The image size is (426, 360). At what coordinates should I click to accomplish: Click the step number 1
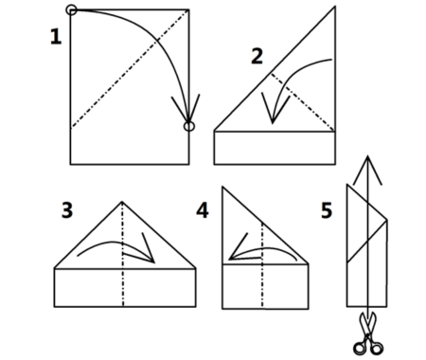click(56, 36)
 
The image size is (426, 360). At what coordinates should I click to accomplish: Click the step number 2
click(257, 56)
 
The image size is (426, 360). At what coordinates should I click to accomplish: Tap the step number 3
click(67, 210)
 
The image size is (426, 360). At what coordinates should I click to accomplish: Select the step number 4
click(203, 210)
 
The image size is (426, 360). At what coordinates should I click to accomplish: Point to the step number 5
click(327, 210)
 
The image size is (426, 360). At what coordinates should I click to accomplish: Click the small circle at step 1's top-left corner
click(71, 9)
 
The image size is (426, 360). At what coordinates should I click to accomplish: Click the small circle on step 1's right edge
click(189, 126)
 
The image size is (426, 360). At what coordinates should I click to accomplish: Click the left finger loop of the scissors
click(359, 349)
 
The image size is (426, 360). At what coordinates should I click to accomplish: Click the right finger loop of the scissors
click(377, 349)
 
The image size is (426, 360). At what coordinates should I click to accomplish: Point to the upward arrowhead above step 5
click(367, 156)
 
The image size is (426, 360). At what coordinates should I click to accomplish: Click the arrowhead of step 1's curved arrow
click(188, 121)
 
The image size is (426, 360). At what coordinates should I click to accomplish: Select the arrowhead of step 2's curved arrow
click(273, 122)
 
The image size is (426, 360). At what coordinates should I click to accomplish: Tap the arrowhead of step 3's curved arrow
click(153, 261)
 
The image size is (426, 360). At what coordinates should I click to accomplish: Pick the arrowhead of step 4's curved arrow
click(230, 259)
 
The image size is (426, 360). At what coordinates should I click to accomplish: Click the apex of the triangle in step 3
click(122, 202)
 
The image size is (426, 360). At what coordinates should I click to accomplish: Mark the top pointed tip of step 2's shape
click(334, 7)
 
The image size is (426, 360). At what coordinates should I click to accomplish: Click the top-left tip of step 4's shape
click(222, 188)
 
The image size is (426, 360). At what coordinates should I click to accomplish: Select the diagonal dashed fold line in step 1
click(130, 69)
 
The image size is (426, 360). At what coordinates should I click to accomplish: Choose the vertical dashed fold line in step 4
click(262, 264)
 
